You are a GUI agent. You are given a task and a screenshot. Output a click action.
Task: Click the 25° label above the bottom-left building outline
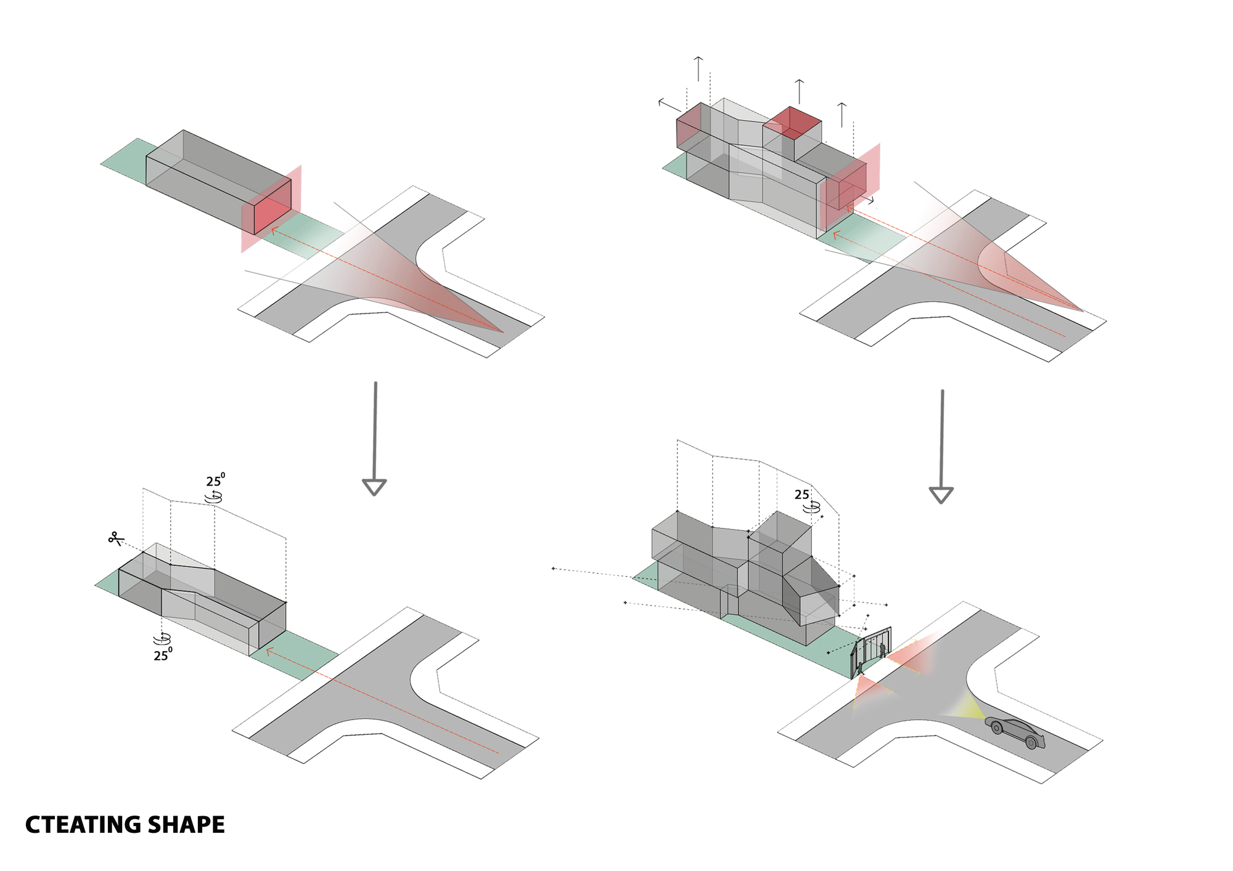click(215, 480)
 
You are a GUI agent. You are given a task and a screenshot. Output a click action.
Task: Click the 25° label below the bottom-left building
click(163, 655)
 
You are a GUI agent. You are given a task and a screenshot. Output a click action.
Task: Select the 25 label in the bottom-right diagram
click(801, 495)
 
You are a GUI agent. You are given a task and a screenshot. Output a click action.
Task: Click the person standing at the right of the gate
click(883, 649)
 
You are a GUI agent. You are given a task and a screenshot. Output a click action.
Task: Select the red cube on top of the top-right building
click(792, 123)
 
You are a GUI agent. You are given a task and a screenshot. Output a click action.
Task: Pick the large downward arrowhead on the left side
click(374, 487)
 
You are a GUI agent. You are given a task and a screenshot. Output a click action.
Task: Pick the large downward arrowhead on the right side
click(941, 495)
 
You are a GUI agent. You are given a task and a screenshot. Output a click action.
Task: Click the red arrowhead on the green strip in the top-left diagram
click(274, 232)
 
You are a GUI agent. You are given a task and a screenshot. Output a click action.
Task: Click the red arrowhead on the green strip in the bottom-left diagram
click(269, 650)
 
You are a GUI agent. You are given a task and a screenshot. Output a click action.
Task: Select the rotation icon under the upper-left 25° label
click(214, 496)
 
